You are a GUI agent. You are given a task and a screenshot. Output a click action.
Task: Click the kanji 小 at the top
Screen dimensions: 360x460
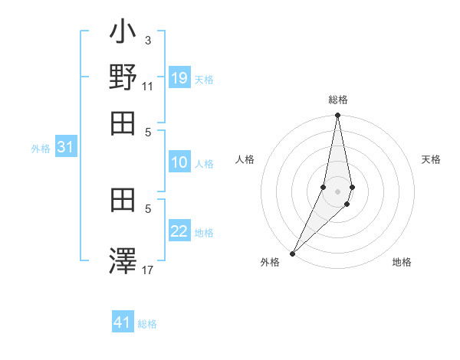(123, 34)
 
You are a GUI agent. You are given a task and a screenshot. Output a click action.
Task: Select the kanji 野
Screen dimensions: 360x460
(123, 79)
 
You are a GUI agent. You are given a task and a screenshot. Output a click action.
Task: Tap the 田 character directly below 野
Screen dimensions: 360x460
(123, 123)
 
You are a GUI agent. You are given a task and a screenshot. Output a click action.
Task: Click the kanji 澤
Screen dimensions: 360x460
(123, 260)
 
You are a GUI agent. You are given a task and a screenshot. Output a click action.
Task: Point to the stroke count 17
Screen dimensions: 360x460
(148, 270)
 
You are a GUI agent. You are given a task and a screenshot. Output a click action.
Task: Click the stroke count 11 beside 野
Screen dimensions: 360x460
(148, 87)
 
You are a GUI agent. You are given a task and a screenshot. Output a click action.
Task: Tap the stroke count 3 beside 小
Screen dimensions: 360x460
(148, 40)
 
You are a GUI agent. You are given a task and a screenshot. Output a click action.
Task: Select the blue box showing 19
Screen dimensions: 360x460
(179, 77)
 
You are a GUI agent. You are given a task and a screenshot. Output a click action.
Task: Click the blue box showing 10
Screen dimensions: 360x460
(179, 162)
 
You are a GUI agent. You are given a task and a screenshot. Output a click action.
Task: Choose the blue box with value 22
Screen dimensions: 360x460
(179, 232)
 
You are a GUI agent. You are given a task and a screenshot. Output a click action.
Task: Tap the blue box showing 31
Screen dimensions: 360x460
(65, 148)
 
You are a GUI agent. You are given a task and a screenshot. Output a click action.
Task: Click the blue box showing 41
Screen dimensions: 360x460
(123, 322)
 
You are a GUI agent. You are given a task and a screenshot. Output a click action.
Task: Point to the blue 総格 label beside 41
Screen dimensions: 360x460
(148, 324)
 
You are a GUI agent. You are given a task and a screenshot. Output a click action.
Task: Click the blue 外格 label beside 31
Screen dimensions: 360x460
(41, 149)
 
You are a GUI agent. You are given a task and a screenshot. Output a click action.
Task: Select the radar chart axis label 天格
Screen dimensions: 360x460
(431, 159)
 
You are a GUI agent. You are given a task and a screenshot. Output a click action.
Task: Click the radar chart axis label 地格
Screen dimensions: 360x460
(402, 263)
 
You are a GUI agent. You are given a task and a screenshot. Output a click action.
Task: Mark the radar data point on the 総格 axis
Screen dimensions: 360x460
(337, 116)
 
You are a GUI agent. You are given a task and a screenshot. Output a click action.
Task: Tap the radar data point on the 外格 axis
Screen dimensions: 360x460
(293, 253)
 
